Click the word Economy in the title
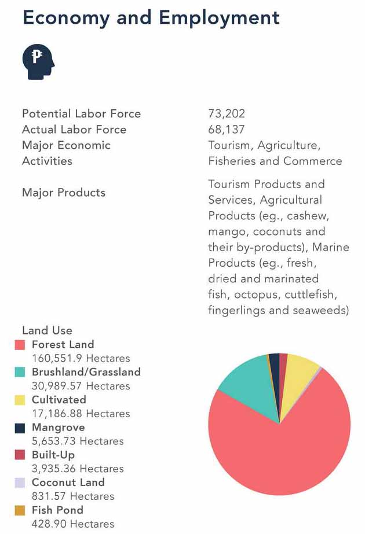click(x=66, y=18)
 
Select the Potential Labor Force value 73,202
click(x=227, y=114)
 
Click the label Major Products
click(x=64, y=193)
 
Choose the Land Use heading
click(x=47, y=331)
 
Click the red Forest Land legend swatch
click(x=20, y=345)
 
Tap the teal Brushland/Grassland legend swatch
click(x=20, y=373)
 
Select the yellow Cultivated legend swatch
click(x=20, y=400)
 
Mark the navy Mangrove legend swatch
click(x=20, y=428)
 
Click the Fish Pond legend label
click(x=57, y=510)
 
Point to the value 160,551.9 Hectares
click(x=81, y=359)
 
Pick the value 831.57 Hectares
click(x=73, y=496)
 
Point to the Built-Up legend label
click(x=53, y=455)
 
